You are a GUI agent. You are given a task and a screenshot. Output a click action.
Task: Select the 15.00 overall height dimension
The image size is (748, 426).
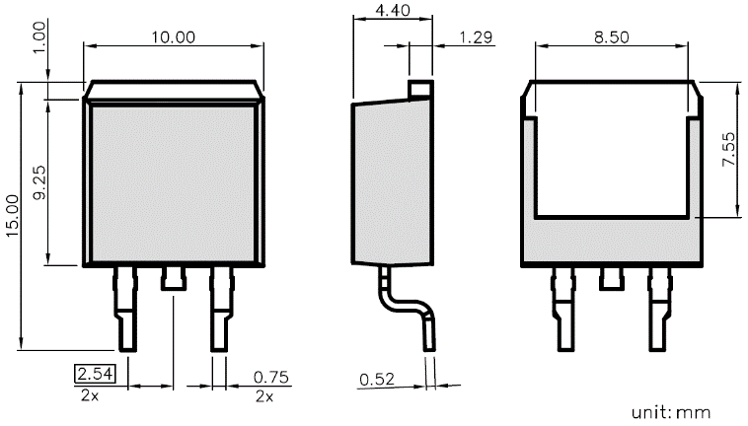pos(11,214)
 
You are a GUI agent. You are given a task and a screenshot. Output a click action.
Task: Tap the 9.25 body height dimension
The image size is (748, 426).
pos(38,182)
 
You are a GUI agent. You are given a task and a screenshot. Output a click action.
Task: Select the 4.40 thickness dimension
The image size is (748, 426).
pos(393,11)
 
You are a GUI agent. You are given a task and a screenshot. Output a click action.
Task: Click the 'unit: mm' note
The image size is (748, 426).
pos(671,411)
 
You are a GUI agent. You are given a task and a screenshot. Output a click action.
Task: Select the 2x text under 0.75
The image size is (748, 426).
pos(264,395)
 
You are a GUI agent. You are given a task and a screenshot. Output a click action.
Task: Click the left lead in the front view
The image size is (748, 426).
pos(128,308)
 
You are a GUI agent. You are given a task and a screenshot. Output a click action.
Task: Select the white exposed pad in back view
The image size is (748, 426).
pos(611,158)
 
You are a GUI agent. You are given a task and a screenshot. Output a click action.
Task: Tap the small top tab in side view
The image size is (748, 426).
pos(421,89)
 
